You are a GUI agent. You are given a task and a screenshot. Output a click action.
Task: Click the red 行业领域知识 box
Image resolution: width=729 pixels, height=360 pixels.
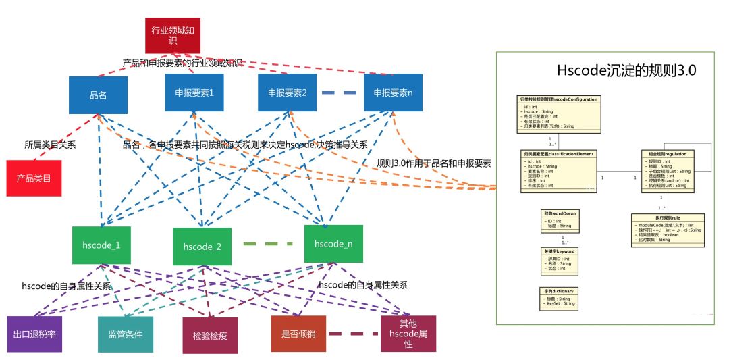pyautogui.click(x=173, y=35)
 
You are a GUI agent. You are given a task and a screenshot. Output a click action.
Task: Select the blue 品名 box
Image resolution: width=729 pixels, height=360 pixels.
pyautogui.click(x=98, y=95)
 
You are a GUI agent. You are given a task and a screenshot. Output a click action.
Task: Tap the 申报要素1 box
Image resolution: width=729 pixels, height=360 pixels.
pyautogui.click(x=194, y=92)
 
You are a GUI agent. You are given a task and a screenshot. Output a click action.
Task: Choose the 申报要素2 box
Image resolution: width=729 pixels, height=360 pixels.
pyautogui.click(x=287, y=92)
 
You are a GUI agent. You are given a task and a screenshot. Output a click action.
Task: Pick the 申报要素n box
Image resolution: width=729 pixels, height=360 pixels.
pyautogui.click(x=393, y=92)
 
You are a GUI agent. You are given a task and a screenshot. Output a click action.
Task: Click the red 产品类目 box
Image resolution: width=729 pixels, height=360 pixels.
pyautogui.click(x=34, y=178)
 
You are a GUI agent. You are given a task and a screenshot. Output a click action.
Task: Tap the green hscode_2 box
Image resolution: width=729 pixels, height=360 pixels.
pyautogui.click(x=202, y=246)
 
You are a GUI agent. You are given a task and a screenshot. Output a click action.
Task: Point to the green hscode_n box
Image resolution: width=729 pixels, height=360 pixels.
pyautogui.click(x=333, y=243)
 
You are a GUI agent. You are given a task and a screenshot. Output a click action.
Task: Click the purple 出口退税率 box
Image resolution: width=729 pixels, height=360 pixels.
pyautogui.click(x=34, y=334)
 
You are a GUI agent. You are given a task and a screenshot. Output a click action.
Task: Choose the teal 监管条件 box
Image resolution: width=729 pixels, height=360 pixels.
pyautogui.click(x=125, y=334)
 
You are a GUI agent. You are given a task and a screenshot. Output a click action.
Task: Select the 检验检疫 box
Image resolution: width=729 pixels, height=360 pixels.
pyautogui.click(x=210, y=335)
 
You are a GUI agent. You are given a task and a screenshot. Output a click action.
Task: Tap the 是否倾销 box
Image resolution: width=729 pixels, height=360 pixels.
pyautogui.click(x=298, y=333)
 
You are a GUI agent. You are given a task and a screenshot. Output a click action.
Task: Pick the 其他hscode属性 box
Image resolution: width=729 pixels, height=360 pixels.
pyautogui.click(x=408, y=334)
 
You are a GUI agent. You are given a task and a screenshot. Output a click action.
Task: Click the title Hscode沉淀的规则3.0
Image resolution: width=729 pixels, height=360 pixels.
pyautogui.click(x=626, y=71)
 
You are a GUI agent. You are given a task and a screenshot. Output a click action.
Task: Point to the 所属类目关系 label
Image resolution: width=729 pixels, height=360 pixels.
pyautogui.click(x=50, y=145)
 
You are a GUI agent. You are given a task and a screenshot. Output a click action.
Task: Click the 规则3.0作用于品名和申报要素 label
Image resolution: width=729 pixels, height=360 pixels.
pyautogui.click(x=433, y=163)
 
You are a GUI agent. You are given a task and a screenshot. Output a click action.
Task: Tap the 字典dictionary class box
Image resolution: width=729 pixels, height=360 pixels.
pyautogui.click(x=558, y=297)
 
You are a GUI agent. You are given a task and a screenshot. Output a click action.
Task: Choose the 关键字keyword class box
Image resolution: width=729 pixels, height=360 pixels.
pyautogui.click(x=560, y=260)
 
